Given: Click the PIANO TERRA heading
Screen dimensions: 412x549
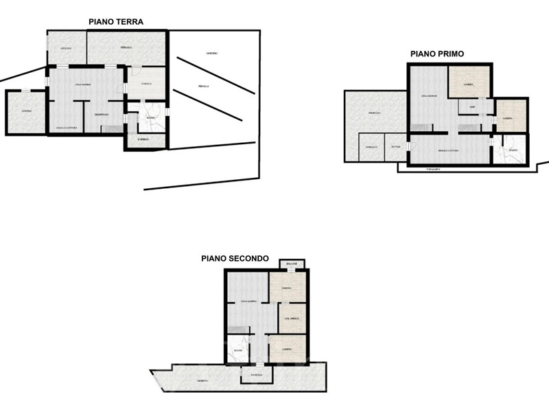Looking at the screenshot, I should coord(116,21).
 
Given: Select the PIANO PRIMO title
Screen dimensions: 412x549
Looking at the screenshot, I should coord(437,53).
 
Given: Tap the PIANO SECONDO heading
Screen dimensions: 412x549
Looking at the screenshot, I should coord(235,259).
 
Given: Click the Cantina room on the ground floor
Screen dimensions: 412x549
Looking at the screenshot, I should coord(25,111).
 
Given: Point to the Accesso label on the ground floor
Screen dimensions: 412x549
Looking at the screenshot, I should coord(67,48).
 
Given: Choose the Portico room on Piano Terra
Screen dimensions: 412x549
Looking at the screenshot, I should coord(145,84).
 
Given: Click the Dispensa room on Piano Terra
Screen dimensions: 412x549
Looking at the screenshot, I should coord(143,139).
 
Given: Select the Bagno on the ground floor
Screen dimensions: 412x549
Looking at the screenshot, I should coord(151,118).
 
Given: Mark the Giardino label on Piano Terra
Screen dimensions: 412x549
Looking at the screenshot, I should coord(211,53).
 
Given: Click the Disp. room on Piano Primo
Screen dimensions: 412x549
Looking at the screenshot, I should coord(473,108).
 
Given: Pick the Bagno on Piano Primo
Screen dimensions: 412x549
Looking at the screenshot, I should coord(513,150).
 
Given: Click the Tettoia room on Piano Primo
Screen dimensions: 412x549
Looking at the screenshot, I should coord(395,147).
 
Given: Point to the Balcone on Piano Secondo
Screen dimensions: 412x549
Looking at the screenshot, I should coord(292,264).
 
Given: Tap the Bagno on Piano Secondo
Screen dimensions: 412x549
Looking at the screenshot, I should coord(237,352).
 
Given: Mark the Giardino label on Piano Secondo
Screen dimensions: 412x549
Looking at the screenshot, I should coord(201,380).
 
